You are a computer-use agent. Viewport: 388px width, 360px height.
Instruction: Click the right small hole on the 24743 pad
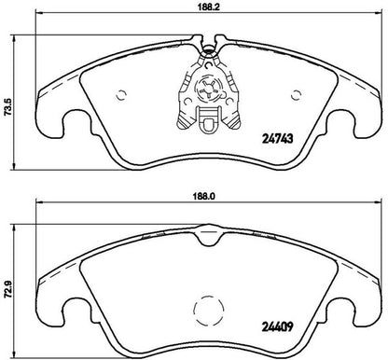tap(296, 92)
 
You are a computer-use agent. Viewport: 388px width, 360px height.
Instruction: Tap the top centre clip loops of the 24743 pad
tap(206, 40)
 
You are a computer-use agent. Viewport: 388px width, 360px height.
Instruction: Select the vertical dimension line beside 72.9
tap(22, 280)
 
